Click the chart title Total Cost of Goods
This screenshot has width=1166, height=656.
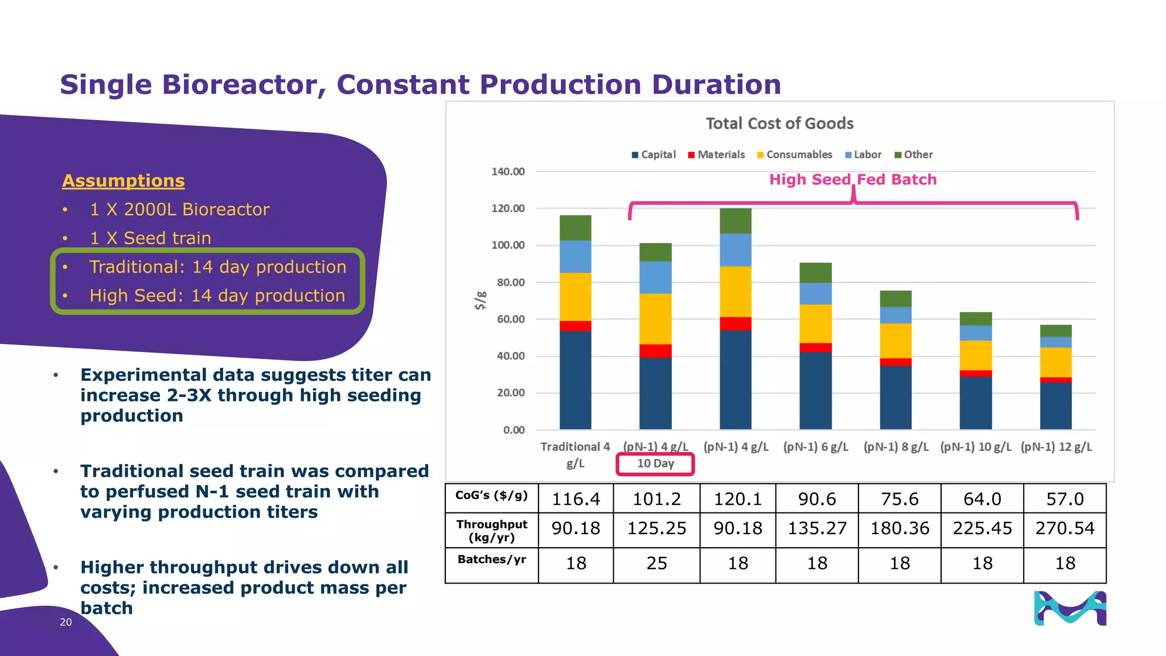tap(779, 124)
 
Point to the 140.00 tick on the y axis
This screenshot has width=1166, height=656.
tap(508, 171)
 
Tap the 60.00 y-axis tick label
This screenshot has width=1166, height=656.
tap(510, 319)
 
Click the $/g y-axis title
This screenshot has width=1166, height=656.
tap(481, 300)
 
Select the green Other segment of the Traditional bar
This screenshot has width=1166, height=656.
tap(575, 228)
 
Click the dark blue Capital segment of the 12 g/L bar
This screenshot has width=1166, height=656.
tap(1056, 405)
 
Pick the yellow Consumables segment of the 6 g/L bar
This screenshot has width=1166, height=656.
tap(815, 323)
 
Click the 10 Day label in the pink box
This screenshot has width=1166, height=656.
tap(655, 464)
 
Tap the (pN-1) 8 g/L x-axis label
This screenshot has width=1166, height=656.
tap(896, 447)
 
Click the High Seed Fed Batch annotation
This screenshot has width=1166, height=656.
tap(852, 180)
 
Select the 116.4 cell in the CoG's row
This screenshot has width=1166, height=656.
tap(576, 499)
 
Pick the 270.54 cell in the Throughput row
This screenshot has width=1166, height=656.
tap(1064, 528)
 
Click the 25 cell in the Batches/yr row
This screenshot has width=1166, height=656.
tap(656, 564)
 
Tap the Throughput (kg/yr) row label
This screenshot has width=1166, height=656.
tap(491, 531)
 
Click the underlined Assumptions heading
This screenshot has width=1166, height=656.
tap(124, 181)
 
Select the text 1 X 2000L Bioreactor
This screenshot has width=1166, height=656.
tap(179, 210)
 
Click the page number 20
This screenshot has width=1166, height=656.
tap(65, 622)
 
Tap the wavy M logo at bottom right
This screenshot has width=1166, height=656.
tap(1070, 608)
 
